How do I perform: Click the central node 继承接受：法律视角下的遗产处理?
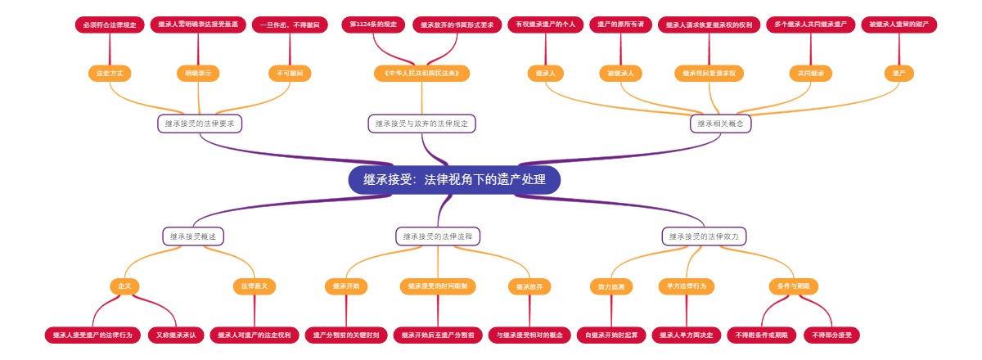[x=454, y=180]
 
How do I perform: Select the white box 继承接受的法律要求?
[x=200, y=124]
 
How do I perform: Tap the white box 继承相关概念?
[x=721, y=124]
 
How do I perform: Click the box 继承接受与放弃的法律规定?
[x=422, y=124]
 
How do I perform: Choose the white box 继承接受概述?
[x=193, y=236]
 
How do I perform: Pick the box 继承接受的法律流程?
[x=438, y=236]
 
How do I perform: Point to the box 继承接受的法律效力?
[x=705, y=236]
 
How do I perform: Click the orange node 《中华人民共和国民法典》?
[x=422, y=74]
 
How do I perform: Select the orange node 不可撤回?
[x=290, y=74]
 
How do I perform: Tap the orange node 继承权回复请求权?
[x=709, y=74]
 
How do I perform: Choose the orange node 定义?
[x=124, y=286]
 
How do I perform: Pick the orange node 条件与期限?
[x=794, y=286]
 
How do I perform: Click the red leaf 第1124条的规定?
[x=372, y=25]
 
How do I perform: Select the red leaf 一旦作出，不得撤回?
[x=290, y=25]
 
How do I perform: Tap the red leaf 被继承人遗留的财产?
[x=899, y=25]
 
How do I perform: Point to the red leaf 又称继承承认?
[x=176, y=335]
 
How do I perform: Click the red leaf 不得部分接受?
[x=831, y=335]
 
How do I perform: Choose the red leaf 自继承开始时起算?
[x=611, y=335]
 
